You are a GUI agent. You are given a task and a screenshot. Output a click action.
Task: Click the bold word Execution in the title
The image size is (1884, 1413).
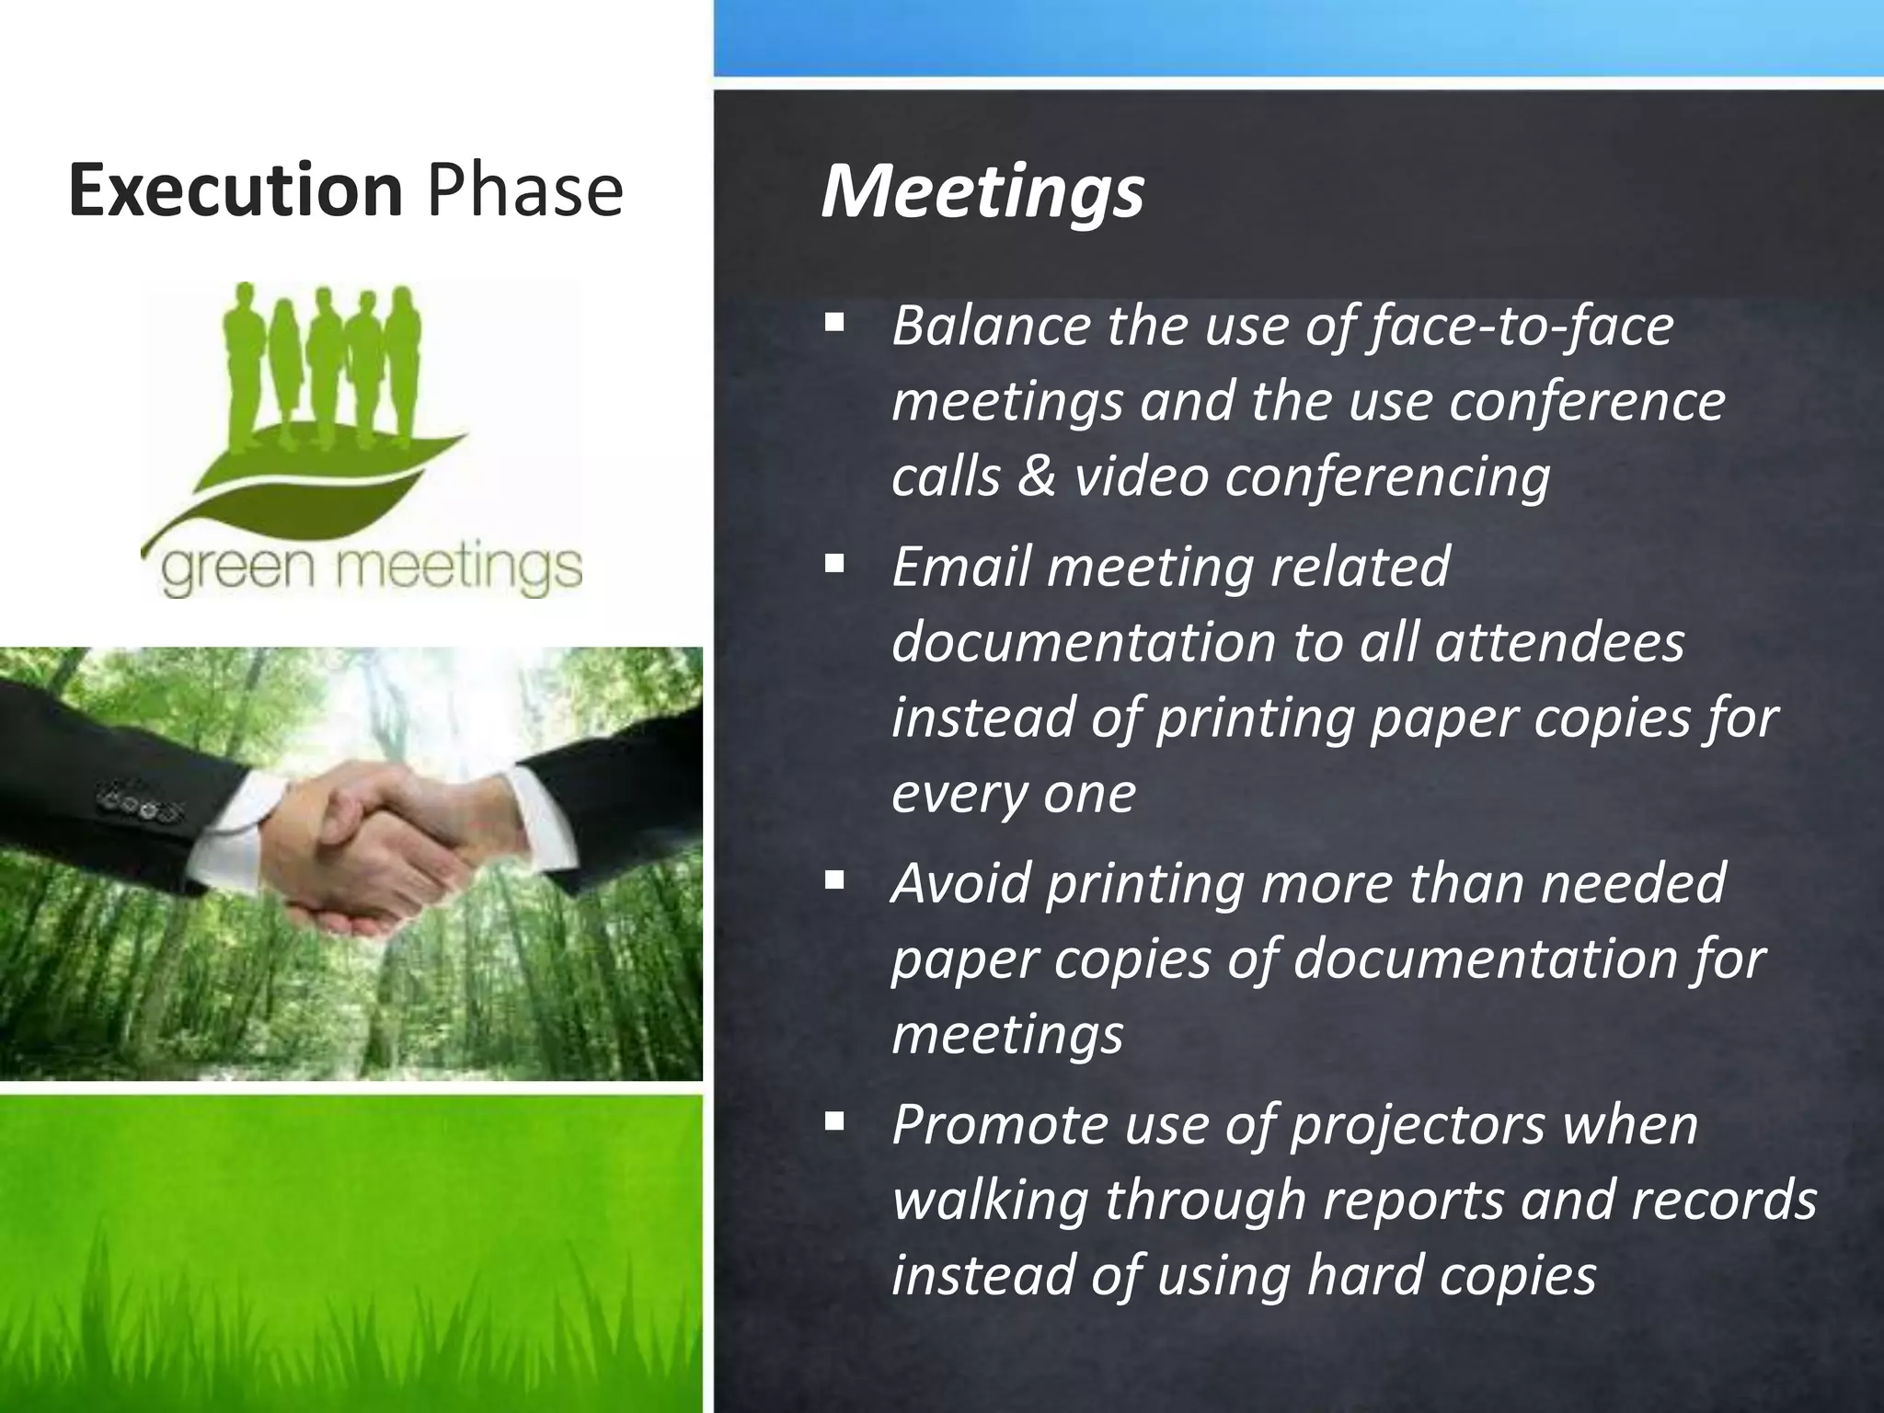pos(235,190)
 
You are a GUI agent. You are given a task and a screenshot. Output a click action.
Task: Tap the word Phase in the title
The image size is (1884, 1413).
pos(525,190)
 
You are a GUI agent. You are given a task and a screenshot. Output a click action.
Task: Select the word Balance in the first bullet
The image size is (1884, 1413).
pos(990,326)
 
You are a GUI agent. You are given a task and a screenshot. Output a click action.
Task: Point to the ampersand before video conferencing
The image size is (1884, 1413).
pos(1037,477)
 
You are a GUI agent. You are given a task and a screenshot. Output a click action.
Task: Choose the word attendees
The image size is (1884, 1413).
pos(1559,641)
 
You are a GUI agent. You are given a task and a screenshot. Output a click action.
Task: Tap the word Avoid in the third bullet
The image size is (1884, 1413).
pos(961,882)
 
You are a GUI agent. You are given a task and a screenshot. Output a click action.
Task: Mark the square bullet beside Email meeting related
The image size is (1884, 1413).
pos(834,563)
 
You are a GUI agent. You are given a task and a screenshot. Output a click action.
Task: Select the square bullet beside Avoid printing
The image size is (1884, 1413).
pos(834,880)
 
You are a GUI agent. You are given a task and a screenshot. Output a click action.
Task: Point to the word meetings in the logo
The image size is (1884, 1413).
pos(455,571)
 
